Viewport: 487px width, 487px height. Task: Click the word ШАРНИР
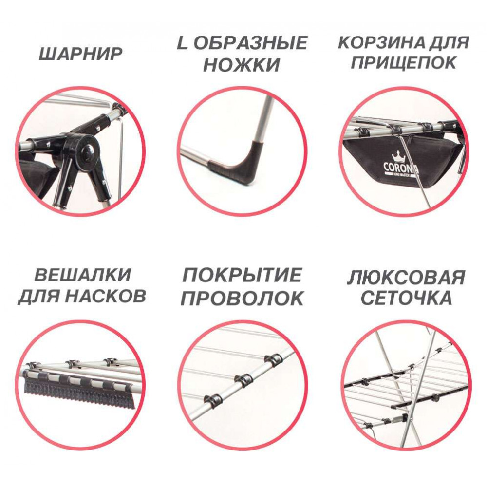80,54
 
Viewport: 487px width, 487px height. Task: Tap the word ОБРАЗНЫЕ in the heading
250,42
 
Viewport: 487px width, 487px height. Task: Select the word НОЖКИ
242,65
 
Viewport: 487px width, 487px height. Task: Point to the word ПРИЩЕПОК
403,62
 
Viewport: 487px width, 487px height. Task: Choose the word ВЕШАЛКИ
83,275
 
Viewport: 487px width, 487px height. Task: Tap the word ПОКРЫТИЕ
242,275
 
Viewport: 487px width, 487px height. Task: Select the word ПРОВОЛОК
242,299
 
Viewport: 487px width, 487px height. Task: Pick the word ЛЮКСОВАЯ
406,278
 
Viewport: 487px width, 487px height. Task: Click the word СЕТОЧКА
406,298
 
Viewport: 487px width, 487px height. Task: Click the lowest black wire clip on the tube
213,401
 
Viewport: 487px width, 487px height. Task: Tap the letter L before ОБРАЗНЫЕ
183,42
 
